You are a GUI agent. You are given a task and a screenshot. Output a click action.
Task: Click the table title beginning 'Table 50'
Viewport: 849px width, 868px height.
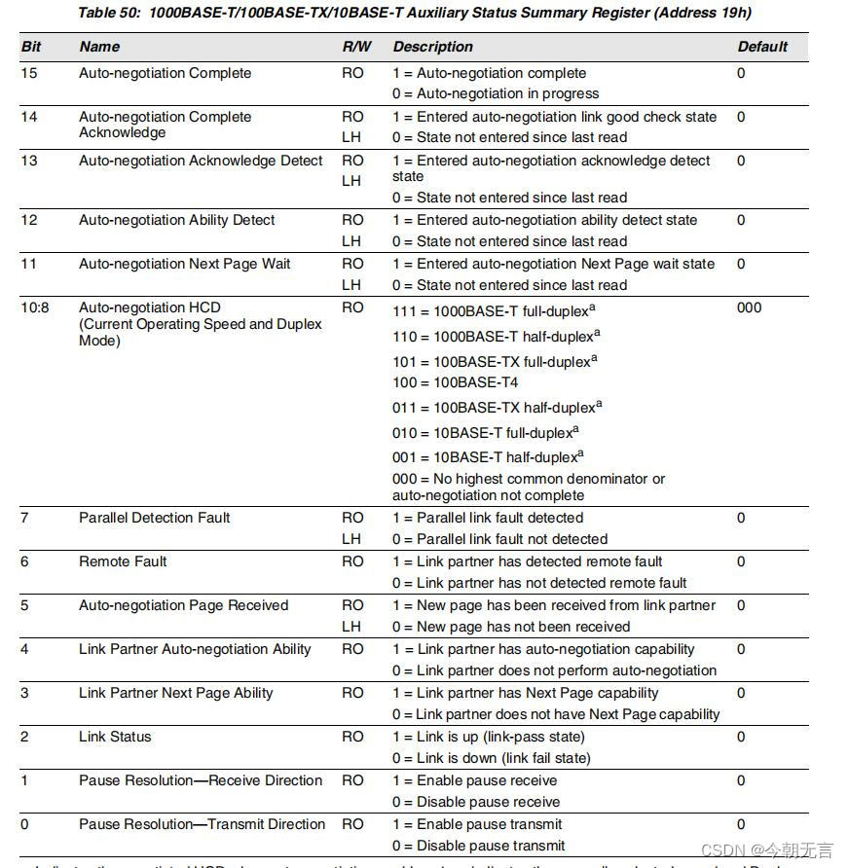tap(415, 13)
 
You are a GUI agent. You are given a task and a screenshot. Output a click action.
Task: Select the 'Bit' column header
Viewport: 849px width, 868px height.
tap(31, 47)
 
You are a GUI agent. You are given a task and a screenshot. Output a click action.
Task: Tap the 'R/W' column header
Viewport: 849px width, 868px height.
tap(356, 47)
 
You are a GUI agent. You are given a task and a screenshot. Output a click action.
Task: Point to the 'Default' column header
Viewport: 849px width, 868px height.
tap(762, 47)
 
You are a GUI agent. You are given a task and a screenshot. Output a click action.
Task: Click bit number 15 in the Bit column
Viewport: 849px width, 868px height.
tap(29, 73)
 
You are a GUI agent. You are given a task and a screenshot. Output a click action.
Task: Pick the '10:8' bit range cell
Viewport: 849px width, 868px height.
tap(34, 307)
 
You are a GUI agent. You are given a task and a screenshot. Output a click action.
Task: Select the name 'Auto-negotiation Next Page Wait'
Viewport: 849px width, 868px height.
tap(184, 264)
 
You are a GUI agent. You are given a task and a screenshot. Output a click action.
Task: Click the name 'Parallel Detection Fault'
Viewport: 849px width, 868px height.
tap(154, 518)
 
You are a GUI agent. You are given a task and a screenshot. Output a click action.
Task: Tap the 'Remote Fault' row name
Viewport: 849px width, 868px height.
tap(123, 561)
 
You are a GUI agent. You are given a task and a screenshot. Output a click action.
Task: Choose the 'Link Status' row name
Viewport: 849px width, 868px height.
tap(115, 737)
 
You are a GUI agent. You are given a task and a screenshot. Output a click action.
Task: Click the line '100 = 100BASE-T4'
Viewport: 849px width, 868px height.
tap(455, 382)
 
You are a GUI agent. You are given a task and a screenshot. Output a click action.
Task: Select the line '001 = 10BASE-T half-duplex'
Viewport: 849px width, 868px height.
tap(485, 456)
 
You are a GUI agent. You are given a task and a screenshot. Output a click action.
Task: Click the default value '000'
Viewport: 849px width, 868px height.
tap(750, 307)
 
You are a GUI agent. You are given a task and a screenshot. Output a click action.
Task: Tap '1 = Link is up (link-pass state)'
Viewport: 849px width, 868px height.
tap(489, 737)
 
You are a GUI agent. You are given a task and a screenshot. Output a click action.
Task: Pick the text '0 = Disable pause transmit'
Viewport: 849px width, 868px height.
tap(478, 846)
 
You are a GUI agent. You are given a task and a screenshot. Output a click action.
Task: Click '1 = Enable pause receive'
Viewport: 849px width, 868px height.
tap(474, 780)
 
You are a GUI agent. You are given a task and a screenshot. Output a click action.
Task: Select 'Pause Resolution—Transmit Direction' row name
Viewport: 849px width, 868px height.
tap(202, 824)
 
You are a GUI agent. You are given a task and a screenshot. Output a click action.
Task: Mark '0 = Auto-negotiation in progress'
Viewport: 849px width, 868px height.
tap(496, 93)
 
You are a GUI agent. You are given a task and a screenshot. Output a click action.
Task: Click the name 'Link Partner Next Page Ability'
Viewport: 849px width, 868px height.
tap(175, 693)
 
